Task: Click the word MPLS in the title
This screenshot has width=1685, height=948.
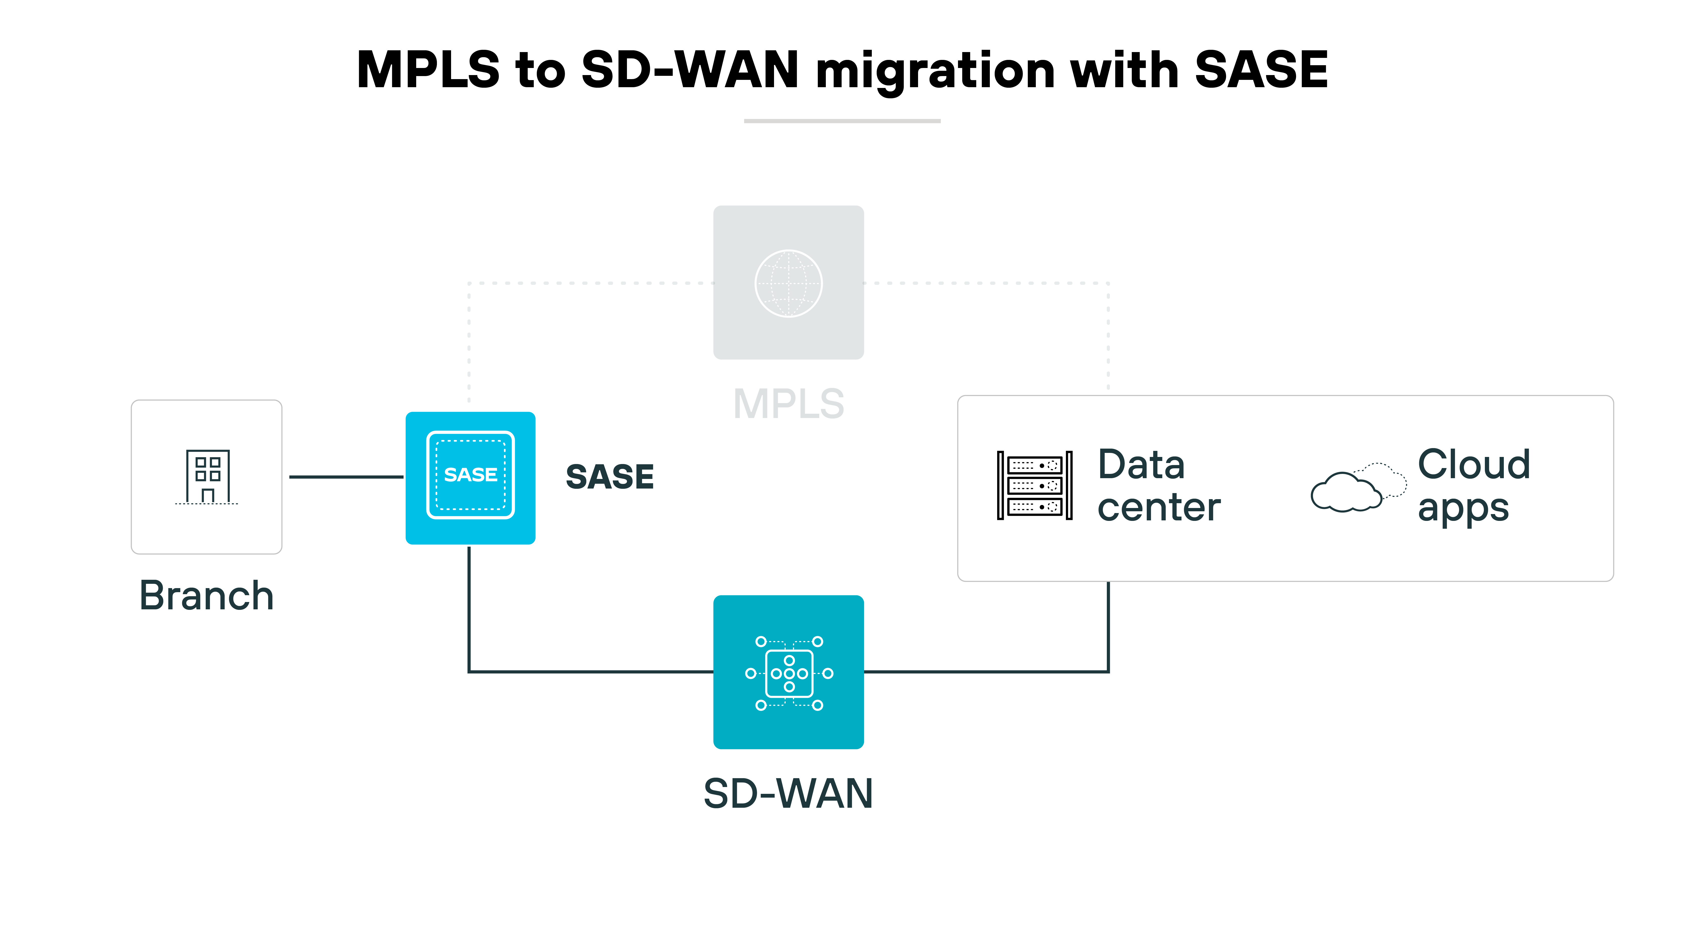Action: (428, 70)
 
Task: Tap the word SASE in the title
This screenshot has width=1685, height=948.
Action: (1260, 70)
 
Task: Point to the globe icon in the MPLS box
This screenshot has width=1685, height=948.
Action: (788, 283)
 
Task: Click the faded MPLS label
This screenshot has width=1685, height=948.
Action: (788, 404)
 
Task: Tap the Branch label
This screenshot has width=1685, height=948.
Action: (207, 596)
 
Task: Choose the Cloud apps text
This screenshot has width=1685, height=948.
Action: (1473, 485)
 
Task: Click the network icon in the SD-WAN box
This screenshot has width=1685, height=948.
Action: (789, 673)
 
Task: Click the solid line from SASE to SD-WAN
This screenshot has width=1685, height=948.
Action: (589, 671)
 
